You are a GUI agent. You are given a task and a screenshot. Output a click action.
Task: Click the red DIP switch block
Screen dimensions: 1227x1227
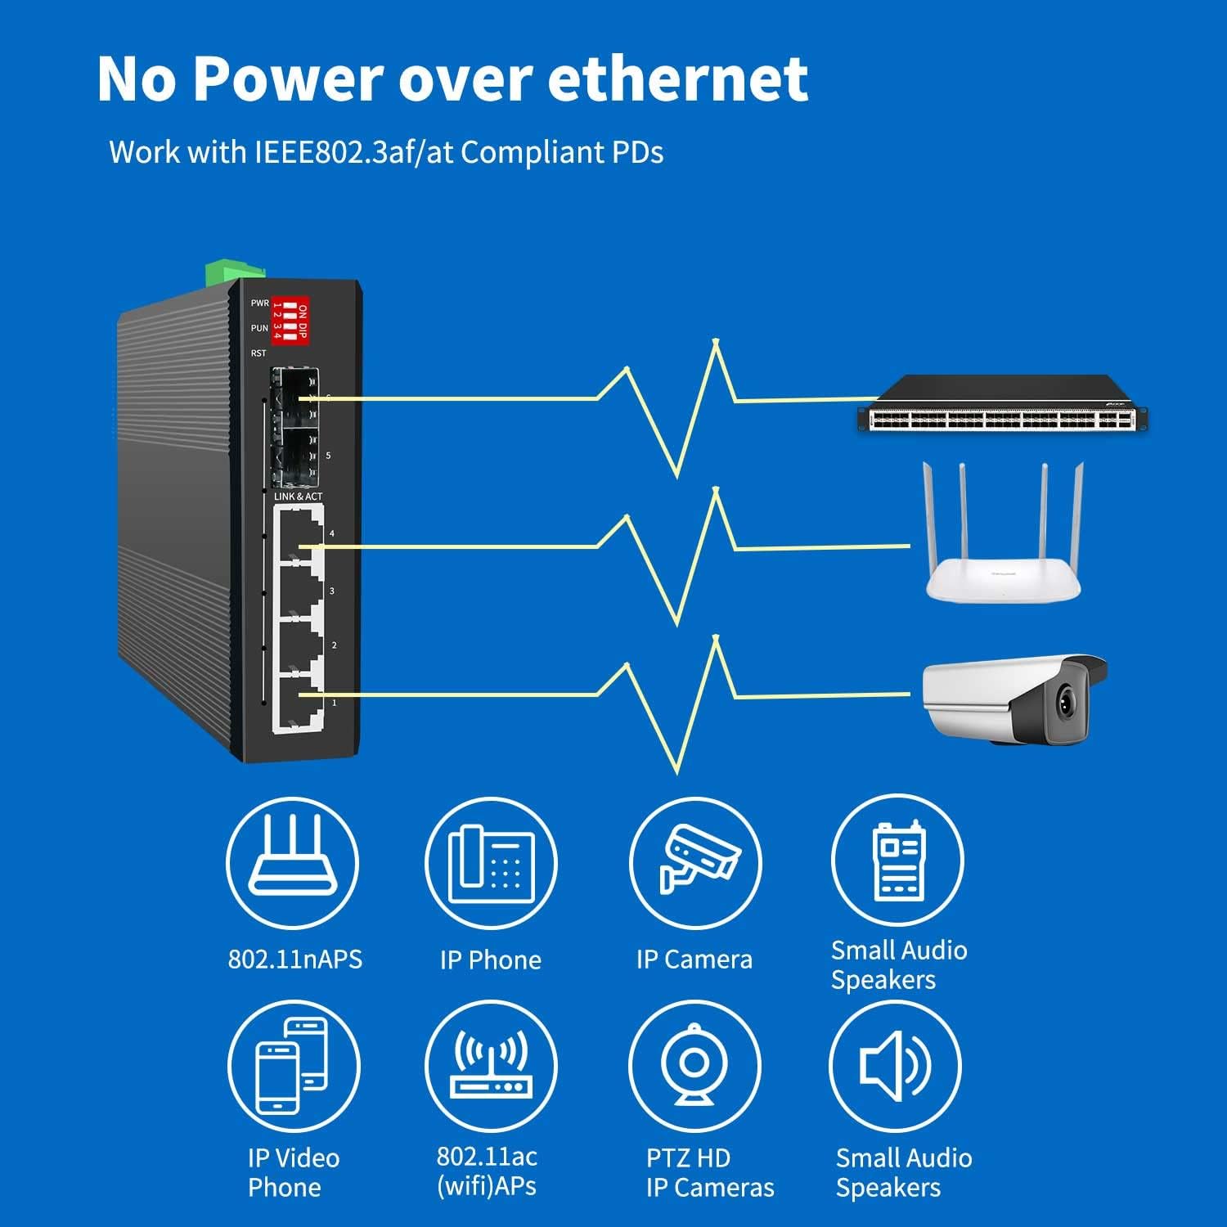pos(290,318)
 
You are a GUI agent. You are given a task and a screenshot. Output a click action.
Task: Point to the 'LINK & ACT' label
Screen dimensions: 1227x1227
pos(298,497)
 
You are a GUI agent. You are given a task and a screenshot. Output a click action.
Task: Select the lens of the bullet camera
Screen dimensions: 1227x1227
pos(1066,700)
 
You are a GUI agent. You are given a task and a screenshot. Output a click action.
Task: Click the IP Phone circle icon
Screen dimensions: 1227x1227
pos(491,863)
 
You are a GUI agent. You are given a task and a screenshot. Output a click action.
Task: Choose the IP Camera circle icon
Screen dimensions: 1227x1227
pos(694,863)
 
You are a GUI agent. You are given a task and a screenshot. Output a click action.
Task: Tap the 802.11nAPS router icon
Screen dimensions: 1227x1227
pos(292,863)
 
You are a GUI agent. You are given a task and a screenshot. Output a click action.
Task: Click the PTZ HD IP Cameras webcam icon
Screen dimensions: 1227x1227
pos(694,1066)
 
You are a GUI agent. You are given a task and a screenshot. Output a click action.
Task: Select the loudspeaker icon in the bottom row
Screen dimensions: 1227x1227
pos(896,1066)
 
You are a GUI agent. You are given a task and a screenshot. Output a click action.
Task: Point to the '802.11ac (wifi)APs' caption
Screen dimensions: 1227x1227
pos(487,1171)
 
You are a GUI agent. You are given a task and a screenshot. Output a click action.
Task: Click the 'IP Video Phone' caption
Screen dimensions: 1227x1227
pos(292,1172)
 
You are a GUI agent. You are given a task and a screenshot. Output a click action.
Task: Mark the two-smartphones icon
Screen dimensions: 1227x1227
pos(292,1066)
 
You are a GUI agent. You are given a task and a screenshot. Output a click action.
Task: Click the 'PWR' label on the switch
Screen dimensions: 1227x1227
pos(259,303)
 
